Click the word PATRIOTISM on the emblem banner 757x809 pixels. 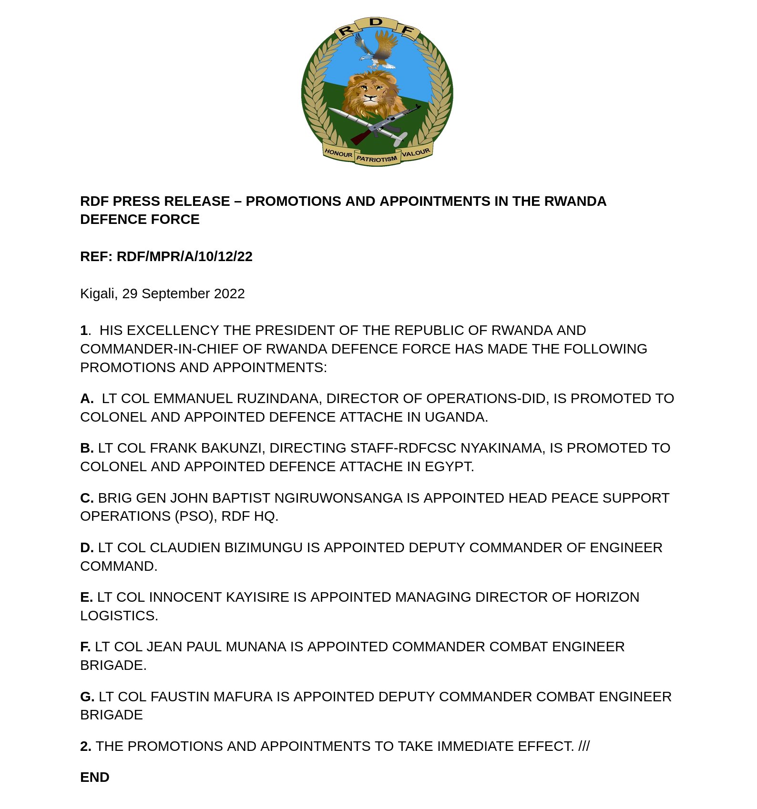click(377, 159)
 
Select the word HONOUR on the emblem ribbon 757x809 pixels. click(338, 153)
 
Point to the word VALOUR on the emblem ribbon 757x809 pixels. click(416, 153)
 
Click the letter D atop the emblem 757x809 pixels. click(377, 22)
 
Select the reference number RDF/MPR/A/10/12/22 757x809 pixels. click(184, 256)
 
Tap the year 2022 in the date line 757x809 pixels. click(229, 293)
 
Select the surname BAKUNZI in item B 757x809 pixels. click(229, 448)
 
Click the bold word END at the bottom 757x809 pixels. click(95, 777)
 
